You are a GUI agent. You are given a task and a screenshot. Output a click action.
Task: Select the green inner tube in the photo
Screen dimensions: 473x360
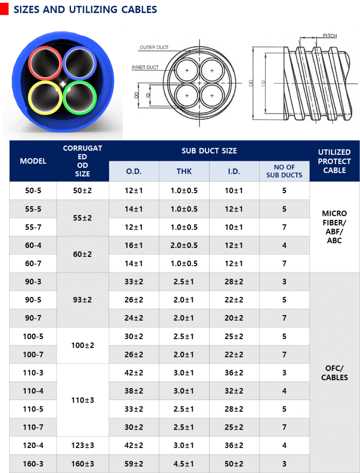point(79,97)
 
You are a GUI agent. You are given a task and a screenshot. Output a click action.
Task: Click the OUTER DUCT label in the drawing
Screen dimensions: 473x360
point(154,47)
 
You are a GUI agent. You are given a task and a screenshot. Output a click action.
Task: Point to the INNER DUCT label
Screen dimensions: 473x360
point(145,67)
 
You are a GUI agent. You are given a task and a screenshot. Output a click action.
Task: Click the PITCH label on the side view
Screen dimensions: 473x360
point(329,36)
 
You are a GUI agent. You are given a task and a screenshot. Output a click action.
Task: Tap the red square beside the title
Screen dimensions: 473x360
point(5,10)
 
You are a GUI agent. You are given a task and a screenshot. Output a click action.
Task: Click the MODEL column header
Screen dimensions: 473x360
point(33,161)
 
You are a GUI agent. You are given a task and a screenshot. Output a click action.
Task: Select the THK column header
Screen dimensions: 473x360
point(184,171)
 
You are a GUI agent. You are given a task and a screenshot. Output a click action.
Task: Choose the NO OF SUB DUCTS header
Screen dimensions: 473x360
point(284,171)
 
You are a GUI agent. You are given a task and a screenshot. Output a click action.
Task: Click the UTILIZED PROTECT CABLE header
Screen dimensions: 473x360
point(334,161)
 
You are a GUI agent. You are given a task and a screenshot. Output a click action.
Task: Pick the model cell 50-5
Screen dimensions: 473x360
point(33,191)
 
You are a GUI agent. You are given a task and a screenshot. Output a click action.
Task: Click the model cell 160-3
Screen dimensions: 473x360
point(33,464)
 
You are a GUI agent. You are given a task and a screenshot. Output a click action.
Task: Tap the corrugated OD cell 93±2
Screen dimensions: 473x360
point(83,300)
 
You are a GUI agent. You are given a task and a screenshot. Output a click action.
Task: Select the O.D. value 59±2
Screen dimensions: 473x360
point(134,464)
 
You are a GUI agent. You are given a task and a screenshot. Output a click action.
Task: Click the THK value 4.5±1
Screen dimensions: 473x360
point(184,464)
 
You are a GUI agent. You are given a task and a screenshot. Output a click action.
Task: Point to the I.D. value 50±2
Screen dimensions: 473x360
point(234,464)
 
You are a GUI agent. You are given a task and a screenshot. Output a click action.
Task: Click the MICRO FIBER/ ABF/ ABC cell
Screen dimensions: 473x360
point(334,227)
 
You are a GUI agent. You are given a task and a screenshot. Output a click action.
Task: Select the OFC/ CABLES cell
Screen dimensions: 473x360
point(334,373)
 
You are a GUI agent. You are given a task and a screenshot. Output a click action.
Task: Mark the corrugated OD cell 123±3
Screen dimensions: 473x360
point(83,445)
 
